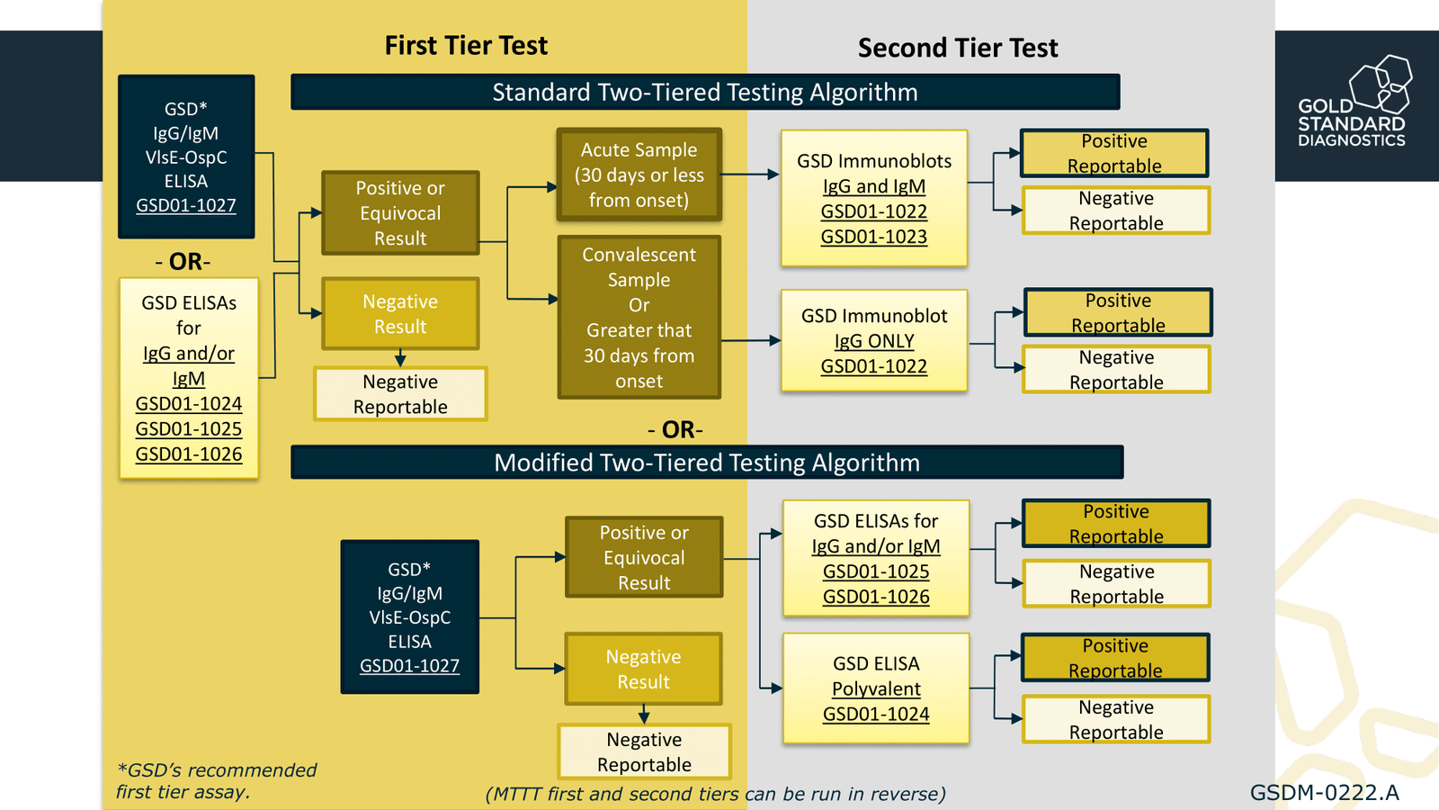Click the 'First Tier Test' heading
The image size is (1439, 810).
coord(466,45)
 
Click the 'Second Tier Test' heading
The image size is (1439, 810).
coord(957,48)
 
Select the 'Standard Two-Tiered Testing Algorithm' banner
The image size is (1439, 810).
coord(704,93)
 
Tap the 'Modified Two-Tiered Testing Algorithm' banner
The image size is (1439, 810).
coord(706,463)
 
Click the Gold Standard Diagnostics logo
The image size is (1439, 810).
coord(1354,103)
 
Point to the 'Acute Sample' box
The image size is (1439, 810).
coord(639,175)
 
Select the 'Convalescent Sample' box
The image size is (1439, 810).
coord(639,317)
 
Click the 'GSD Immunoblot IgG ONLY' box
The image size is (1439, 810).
coord(873,341)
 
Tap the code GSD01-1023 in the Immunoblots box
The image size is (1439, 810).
coord(873,237)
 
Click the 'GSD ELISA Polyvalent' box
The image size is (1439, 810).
coord(875,688)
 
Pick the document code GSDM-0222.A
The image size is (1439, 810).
coord(1324,793)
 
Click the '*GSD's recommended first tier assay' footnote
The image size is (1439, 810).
coord(216,781)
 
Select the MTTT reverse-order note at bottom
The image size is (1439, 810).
coord(715,794)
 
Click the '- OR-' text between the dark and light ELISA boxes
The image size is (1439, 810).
coord(183,262)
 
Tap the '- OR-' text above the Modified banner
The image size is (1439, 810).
coord(675,430)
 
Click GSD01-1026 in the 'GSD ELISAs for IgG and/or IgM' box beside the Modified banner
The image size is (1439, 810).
coord(875,597)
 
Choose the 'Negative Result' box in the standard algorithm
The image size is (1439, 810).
coord(400,314)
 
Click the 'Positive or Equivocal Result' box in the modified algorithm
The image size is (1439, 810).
coord(644,558)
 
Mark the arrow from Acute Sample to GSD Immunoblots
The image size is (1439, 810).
coord(749,175)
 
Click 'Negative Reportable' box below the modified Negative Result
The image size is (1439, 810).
coord(644,751)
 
